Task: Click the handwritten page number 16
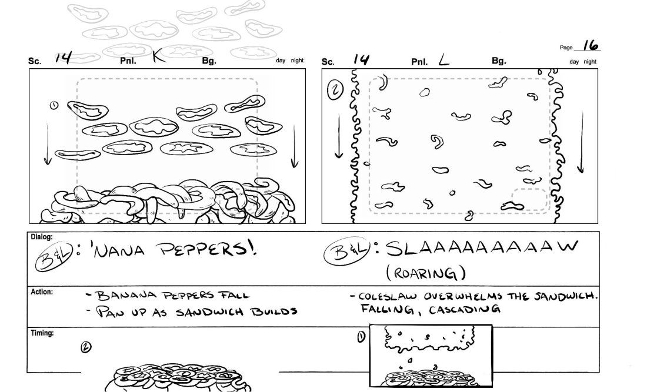coord(591,45)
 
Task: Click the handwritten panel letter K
coord(159,56)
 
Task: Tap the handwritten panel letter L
coord(443,61)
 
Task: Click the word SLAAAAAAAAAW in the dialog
coord(482,248)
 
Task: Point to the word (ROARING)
coord(426,273)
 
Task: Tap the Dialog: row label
coord(42,237)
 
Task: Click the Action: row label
coord(42,292)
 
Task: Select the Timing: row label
coord(42,333)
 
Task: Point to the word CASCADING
coord(464,309)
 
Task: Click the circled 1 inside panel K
coord(54,106)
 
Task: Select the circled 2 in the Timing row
coord(86,347)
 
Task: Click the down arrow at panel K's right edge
coord(294,146)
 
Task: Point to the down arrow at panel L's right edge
coord(581,142)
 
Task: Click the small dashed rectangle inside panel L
coord(529,199)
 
